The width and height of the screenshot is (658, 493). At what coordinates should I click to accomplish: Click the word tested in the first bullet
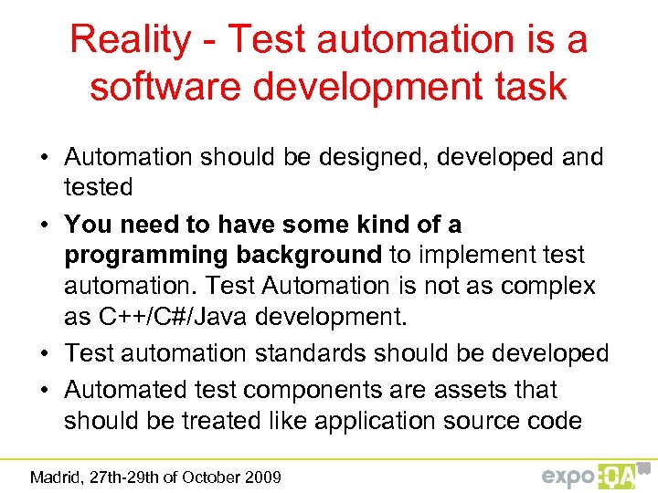point(98,187)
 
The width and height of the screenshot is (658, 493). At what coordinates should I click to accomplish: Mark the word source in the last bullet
point(479,421)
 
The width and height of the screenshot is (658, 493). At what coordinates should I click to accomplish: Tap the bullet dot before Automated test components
point(44,390)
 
